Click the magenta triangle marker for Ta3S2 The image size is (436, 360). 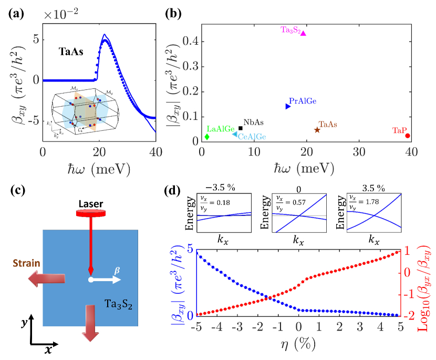point(303,33)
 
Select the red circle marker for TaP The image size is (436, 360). point(408,136)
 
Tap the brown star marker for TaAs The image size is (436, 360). point(317,130)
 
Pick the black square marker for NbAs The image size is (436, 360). point(241,128)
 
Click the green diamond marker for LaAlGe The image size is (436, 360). point(207,137)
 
